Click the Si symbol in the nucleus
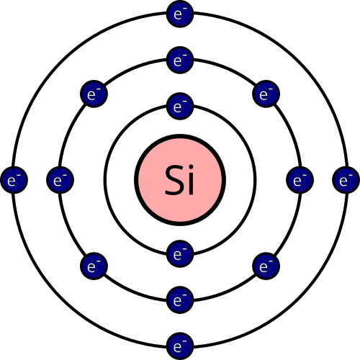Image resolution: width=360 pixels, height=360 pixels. coord(179,179)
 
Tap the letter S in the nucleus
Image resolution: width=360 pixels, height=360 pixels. coord(174,180)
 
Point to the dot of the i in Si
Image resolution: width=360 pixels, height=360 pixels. coord(191,167)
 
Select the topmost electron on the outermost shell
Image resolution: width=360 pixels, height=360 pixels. coord(180,14)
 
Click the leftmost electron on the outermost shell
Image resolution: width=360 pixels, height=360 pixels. coord(14,180)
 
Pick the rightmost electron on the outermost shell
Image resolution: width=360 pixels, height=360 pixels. coord(346,180)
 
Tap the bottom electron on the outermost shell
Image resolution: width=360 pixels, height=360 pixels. coord(180,346)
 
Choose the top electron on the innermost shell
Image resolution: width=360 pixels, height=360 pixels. coord(180,106)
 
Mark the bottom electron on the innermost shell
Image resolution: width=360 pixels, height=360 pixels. coord(180,254)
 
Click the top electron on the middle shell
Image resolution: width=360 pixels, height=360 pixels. coord(180,60)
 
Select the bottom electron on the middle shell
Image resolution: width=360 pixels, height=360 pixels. coord(180,300)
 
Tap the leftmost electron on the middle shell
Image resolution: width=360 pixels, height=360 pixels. coord(60,180)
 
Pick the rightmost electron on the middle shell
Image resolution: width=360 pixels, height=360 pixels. coord(300,180)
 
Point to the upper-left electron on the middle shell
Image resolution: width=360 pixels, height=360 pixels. coord(94,94)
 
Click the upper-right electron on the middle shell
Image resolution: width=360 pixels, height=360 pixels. coord(266,94)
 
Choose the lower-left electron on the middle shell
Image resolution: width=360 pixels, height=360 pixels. coord(94,266)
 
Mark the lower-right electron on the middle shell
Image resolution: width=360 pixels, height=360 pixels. coord(266,266)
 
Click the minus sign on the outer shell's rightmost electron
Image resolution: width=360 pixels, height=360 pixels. coord(351,175)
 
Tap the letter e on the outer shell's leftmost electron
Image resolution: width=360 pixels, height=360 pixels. coord(12,181)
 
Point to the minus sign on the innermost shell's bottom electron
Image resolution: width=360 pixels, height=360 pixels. coord(184,249)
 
